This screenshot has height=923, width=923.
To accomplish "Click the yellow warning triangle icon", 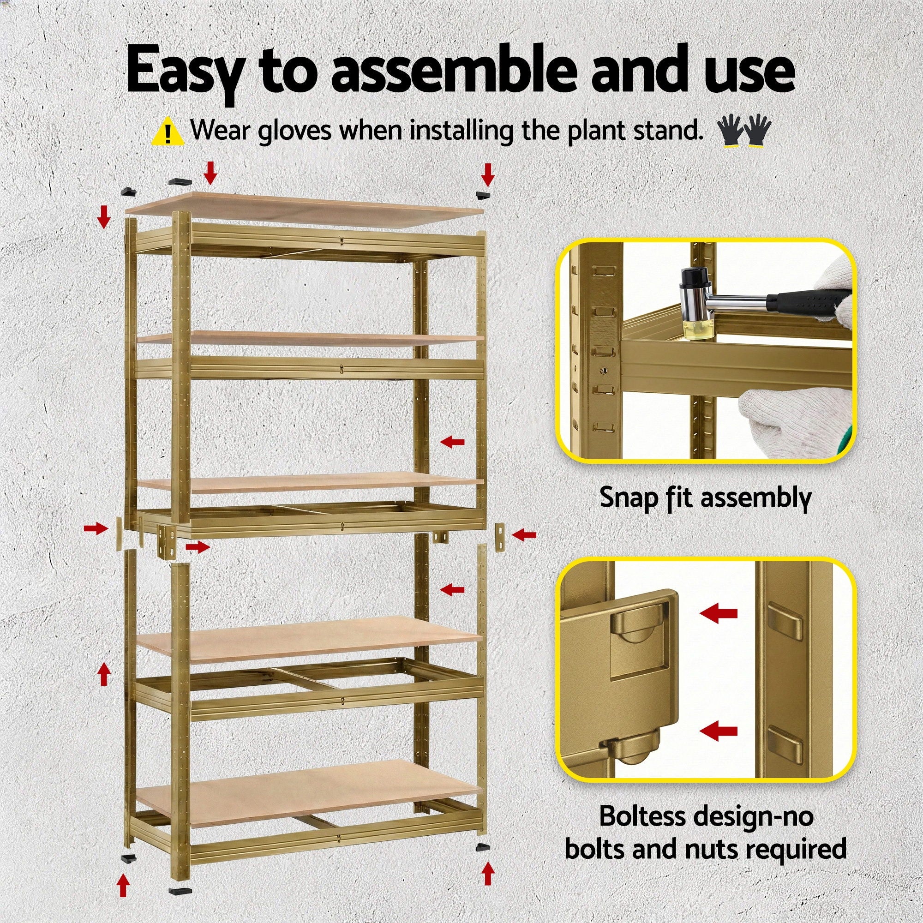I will pyautogui.click(x=167, y=132).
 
